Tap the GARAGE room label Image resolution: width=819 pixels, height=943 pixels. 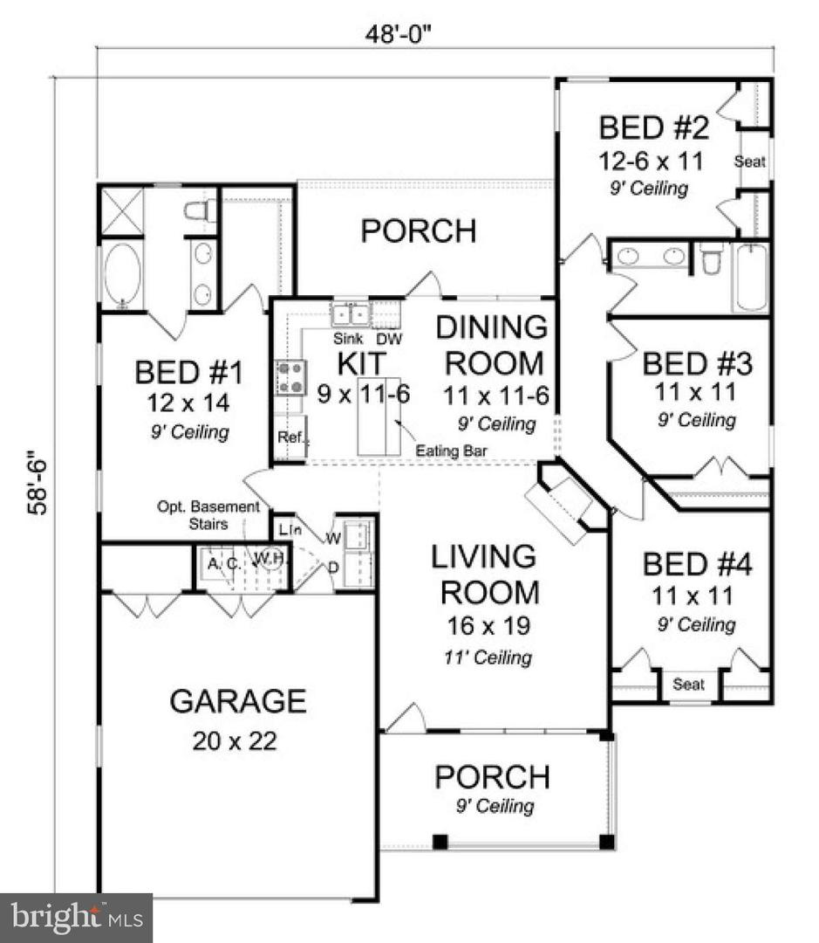point(238,700)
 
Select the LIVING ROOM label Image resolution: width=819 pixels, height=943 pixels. point(489,574)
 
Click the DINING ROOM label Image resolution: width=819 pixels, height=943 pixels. point(492,344)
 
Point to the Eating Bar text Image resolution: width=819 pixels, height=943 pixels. point(451,451)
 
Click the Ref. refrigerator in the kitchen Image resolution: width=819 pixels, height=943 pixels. point(290,437)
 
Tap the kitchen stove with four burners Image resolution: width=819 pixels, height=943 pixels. point(290,378)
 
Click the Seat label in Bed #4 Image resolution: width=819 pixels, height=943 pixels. point(689,685)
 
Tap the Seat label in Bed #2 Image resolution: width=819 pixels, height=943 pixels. point(749,162)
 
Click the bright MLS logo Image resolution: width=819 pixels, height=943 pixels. point(76,918)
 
